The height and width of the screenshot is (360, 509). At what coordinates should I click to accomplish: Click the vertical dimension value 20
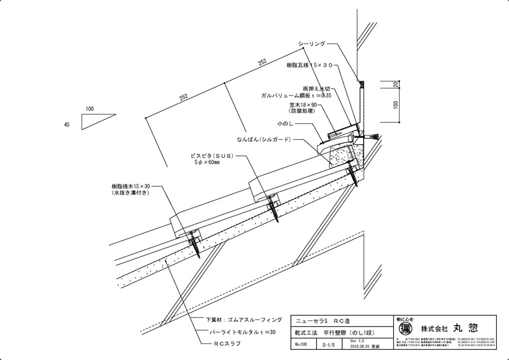click(396, 85)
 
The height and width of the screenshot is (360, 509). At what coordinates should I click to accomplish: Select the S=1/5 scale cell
click(328, 344)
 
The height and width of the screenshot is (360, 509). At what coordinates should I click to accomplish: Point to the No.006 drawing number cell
click(302, 344)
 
